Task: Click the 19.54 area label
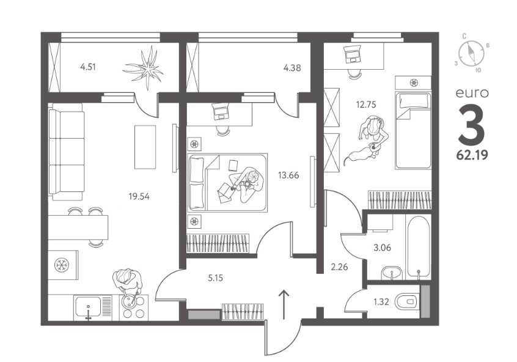(x=139, y=197)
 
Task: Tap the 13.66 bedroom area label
(x=288, y=175)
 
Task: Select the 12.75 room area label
(x=366, y=105)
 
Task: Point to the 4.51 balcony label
(x=88, y=67)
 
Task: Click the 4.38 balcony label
(x=292, y=68)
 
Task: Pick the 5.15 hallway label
(x=215, y=278)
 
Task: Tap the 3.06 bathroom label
(x=383, y=248)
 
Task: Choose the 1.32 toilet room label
(x=381, y=301)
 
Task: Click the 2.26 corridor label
(x=339, y=267)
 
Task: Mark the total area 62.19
(x=472, y=155)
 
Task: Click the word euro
(x=472, y=93)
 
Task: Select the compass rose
(x=472, y=53)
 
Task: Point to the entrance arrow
(x=284, y=305)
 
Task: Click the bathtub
(x=419, y=246)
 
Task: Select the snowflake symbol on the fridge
(x=61, y=265)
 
